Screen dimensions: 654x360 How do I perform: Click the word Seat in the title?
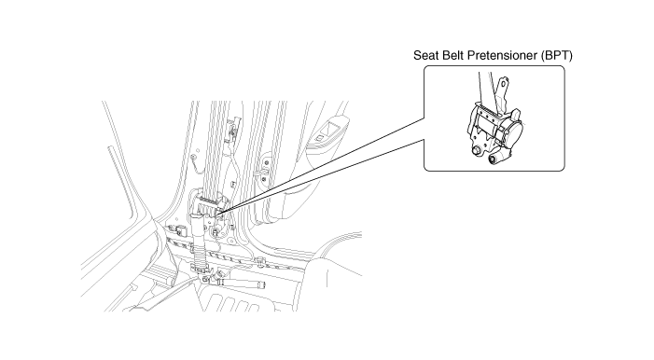(x=424, y=55)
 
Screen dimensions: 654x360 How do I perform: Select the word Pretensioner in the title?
(x=501, y=55)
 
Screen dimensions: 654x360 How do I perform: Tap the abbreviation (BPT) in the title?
(x=556, y=55)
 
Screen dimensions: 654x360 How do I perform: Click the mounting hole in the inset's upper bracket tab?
(x=504, y=83)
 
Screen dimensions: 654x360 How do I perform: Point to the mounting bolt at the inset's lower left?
(x=476, y=150)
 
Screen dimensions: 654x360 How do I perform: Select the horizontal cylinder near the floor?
(x=241, y=284)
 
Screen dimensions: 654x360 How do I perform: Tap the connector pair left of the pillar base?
(x=178, y=229)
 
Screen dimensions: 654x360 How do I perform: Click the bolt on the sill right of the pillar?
(x=261, y=262)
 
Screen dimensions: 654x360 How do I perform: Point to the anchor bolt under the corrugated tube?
(x=205, y=279)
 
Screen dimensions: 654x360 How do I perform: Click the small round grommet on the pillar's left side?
(x=193, y=158)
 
